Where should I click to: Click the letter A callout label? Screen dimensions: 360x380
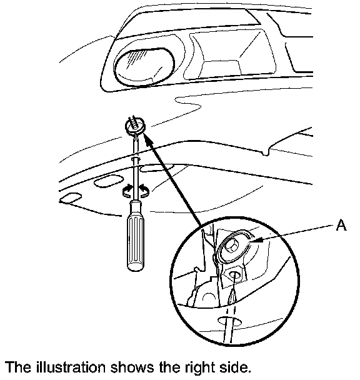tap(341, 225)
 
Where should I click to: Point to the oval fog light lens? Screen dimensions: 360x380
tap(144, 66)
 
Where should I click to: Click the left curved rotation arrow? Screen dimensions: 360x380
tap(127, 191)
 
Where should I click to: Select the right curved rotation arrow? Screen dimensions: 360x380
tap(144, 191)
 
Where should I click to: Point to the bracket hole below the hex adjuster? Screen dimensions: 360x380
tap(234, 275)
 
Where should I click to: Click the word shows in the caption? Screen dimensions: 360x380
tap(132, 367)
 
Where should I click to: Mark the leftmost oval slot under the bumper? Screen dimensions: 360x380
tap(70, 197)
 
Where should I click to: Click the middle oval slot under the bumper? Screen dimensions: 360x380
tap(107, 182)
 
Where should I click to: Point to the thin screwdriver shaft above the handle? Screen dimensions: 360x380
tap(135, 167)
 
